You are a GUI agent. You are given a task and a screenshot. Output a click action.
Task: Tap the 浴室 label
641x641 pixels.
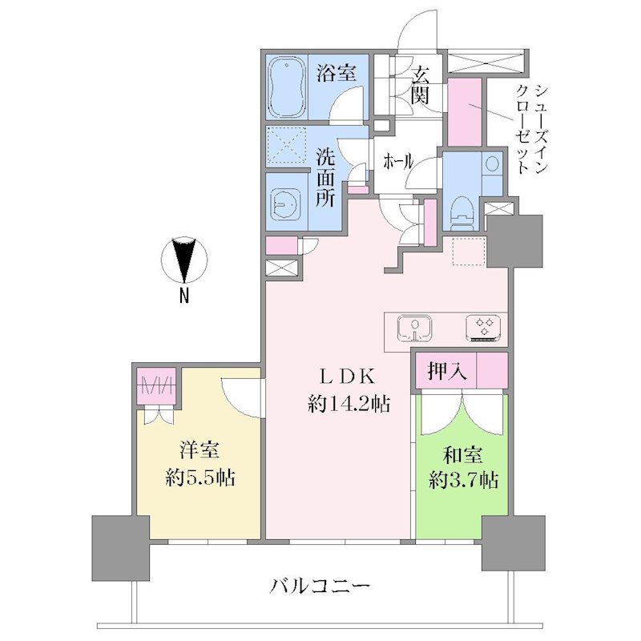[336, 74]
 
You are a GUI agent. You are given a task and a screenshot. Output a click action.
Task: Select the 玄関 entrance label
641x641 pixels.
[420, 85]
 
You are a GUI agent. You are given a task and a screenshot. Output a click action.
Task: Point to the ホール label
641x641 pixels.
[398, 163]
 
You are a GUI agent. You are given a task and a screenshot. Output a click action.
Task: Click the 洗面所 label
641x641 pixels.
[326, 176]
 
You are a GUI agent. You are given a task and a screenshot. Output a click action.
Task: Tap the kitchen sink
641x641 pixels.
[415, 328]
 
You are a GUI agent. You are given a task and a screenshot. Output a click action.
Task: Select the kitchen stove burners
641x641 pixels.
[483, 328]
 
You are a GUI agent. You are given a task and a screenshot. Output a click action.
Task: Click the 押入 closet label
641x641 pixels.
[447, 372]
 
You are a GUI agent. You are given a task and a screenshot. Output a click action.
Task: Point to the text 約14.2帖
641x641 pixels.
[349, 405]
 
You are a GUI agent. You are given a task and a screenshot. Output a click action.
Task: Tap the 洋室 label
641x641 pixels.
[200, 450]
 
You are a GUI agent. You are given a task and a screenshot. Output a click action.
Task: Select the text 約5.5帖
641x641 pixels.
[200, 477]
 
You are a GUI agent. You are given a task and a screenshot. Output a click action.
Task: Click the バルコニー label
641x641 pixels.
[320, 587]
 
